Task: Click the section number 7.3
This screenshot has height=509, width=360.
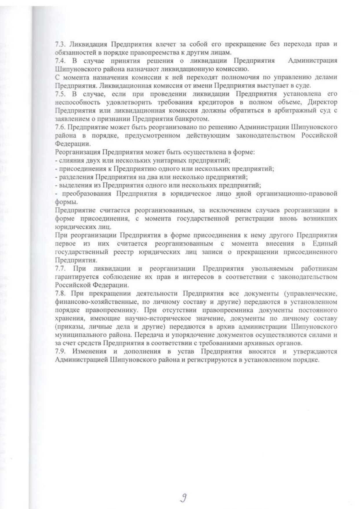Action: coord(60,44)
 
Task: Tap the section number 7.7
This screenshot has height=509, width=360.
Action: coord(60,269)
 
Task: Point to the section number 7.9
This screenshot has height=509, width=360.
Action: coord(60,352)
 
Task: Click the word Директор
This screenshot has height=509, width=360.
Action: coord(323,102)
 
